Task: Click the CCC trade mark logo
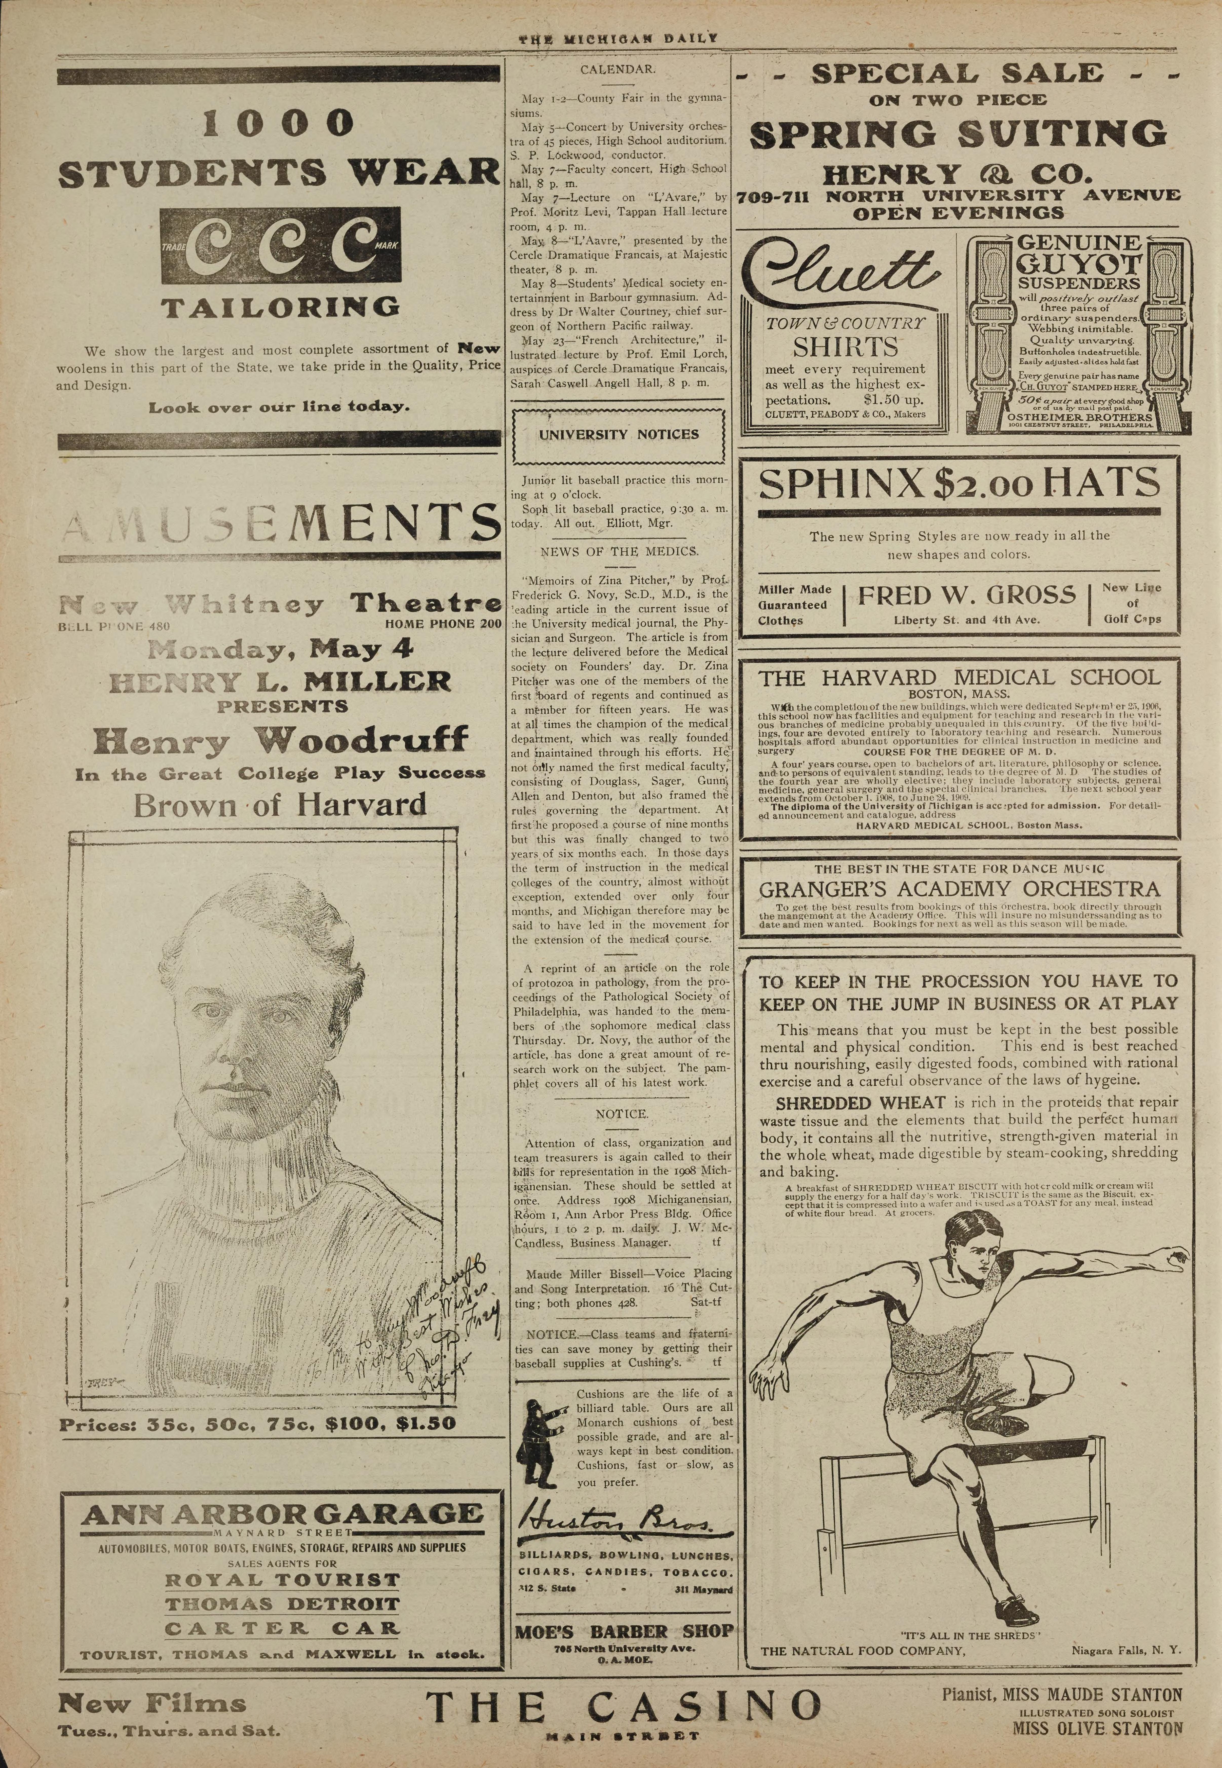click(x=281, y=246)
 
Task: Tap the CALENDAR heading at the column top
click(x=617, y=69)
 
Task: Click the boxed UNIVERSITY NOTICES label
click(x=619, y=434)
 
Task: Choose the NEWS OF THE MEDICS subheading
click(x=619, y=551)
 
